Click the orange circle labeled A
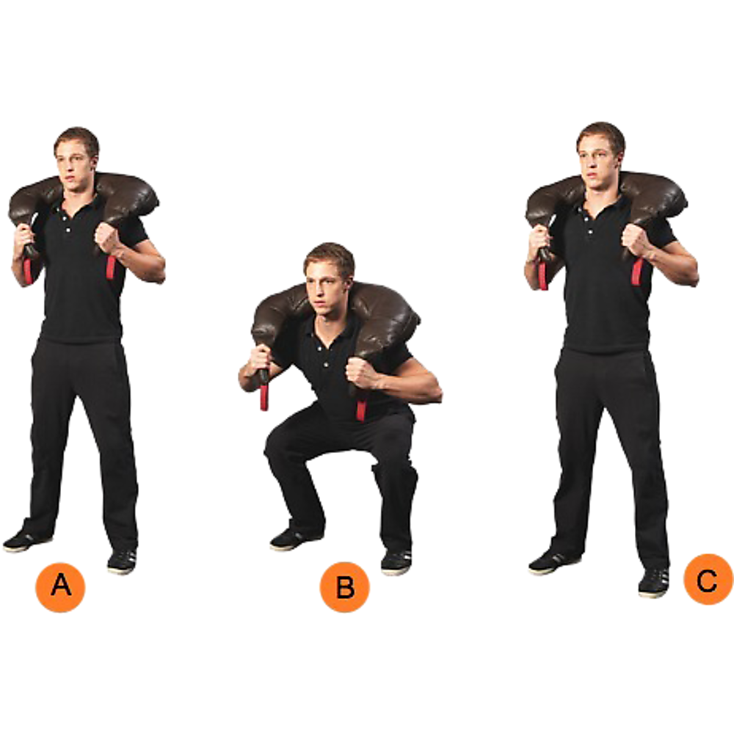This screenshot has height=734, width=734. coord(60,586)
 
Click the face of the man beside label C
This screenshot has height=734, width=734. coord(597,158)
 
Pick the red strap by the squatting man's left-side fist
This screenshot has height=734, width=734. coord(264,397)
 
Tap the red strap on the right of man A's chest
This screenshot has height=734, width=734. coord(111,267)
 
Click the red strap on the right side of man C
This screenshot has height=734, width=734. coord(637,272)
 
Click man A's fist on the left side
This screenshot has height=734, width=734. coord(26,236)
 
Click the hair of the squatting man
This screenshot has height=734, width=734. coord(330,254)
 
